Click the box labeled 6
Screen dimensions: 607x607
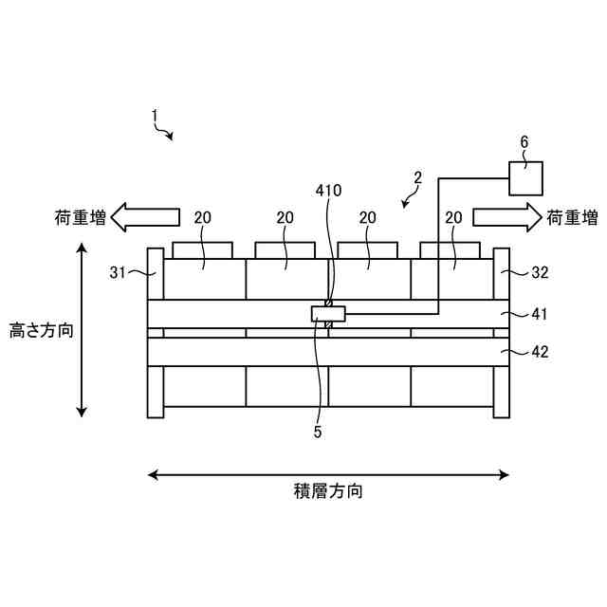pos(526,178)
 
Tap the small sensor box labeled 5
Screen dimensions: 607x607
pos(328,314)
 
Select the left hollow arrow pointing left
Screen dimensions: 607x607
pos(144,217)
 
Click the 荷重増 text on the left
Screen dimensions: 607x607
pos(80,218)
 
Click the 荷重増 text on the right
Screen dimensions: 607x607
pos(572,218)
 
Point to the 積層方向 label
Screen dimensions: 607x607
pos(328,491)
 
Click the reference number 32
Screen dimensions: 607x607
pos(539,273)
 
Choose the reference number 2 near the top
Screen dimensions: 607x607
pos(416,177)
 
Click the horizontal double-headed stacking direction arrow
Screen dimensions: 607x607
pos(328,474)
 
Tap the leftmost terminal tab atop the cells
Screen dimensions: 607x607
pos(201,250)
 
